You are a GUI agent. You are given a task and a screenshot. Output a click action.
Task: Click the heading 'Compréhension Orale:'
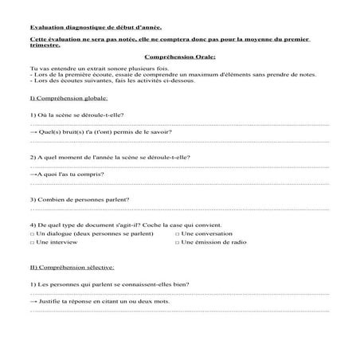[x=180, y=57]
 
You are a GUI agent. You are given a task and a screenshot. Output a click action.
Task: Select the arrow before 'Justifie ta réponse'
[x=33, y=302]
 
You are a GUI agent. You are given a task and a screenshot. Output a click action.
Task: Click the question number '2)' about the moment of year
[x=32, y=157]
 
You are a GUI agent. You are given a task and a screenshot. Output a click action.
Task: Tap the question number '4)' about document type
[x=32, y=225]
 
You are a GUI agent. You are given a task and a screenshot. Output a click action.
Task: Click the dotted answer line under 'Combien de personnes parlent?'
[x=180, y=209]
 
